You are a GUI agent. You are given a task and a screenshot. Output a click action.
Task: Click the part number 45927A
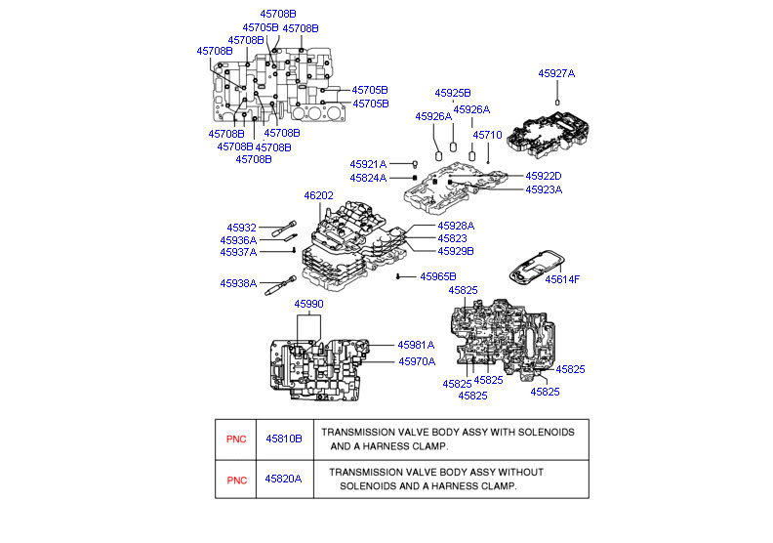pos(556,73)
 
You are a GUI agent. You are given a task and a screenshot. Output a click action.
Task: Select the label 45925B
pos(453,93)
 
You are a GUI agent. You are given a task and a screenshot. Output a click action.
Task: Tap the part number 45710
pos(486,135)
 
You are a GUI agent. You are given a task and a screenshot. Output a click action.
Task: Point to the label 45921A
pos(369,164)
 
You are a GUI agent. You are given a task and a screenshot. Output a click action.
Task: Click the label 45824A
pos(369,179)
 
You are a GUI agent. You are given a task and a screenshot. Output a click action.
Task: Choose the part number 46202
pos(318,196)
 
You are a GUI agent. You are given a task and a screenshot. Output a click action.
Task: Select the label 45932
pos(241,228)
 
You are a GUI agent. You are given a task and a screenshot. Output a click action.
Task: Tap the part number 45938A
pos(238,283)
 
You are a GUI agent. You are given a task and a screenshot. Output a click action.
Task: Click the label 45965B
pos(438,277)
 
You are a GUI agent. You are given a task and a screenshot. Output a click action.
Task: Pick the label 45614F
pos(562,279)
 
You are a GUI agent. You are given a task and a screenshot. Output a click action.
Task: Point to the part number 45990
pos(308,305)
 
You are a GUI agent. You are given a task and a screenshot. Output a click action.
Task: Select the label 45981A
pos(416,345)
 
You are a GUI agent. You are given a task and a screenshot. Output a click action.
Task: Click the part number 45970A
pos(416,361)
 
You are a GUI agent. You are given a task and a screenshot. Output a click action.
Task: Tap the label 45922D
pos(544,176)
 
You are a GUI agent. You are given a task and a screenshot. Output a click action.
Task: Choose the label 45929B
pos(455,251)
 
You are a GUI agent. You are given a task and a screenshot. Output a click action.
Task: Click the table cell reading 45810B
pos(283,439)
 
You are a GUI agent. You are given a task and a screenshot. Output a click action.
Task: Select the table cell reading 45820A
pos(283,479)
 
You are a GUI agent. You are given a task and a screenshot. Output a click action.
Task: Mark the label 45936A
pos(238,240)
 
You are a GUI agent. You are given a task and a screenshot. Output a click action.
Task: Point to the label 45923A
pos(544,189)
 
